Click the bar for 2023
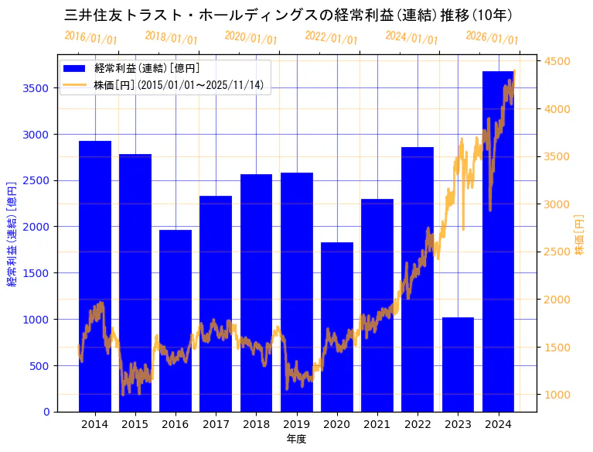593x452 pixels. [458, 365]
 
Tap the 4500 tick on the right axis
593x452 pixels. [557, 61]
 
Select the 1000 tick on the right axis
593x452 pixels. [557, 395]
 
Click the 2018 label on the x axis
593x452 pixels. [256, 424]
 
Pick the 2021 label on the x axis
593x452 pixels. [377, 424]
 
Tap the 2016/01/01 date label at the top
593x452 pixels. [90, 38]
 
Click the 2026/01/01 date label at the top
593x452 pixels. [492, 38]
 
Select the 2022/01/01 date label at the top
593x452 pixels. [332, 38]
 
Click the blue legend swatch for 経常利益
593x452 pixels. [77, 69]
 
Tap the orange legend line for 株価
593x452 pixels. [77, 84]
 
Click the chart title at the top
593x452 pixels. [288, 15]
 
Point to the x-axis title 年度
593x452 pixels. [296, 439]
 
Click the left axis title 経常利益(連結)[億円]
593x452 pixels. [12, 234]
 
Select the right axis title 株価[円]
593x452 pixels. [579, 235]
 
